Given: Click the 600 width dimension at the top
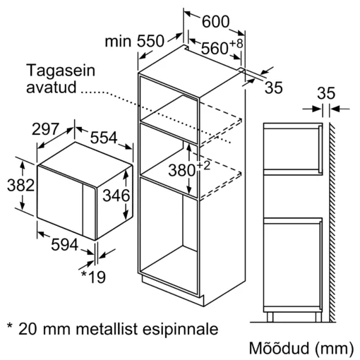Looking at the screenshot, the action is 215,22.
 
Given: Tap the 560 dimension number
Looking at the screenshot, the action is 215,48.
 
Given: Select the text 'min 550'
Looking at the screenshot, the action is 134,41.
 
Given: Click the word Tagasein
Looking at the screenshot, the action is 61,71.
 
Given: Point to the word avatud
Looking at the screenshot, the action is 52,87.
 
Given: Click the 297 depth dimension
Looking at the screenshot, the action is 45,129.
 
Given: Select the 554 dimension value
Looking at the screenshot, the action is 104,138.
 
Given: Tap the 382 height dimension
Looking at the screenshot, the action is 20,185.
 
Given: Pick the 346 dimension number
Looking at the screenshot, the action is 116,195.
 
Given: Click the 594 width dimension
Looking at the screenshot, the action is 64,245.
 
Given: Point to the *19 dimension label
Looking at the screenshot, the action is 94,277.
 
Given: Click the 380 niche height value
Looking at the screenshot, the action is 182,170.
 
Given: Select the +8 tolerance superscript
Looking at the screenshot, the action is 236,43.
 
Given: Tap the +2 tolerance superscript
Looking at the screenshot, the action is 203,166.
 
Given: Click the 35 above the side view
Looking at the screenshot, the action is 326,93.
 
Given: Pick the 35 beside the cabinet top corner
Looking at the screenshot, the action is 274,88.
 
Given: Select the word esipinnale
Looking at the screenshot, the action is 181,330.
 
